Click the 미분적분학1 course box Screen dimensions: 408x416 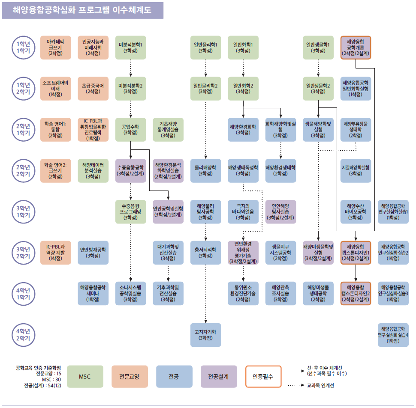[130, 47]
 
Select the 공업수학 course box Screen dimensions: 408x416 [130, 129]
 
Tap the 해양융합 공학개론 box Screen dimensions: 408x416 [356, 47]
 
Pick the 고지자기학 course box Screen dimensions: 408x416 [205, 335]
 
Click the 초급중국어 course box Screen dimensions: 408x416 [93, 88]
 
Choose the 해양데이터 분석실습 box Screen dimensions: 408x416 [93, 170]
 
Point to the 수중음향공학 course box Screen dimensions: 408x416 [130, 170]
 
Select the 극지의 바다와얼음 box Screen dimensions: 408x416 [243, 211]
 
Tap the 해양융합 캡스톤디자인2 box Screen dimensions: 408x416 [356, 293]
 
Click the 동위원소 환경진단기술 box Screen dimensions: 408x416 [243, 293]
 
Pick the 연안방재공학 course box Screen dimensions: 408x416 [93, 253]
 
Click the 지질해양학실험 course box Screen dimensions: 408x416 [356, 170]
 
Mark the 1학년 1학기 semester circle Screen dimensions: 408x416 [23, 47]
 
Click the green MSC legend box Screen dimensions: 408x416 [85, 377]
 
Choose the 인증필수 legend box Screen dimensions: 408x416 [263, 377]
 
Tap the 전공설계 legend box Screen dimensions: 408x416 [219, 377]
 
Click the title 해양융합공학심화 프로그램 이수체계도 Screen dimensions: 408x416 [82, 10]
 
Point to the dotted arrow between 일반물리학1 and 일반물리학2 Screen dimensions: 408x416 [206, 67]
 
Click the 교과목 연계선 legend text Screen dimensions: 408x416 [320, 385]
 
